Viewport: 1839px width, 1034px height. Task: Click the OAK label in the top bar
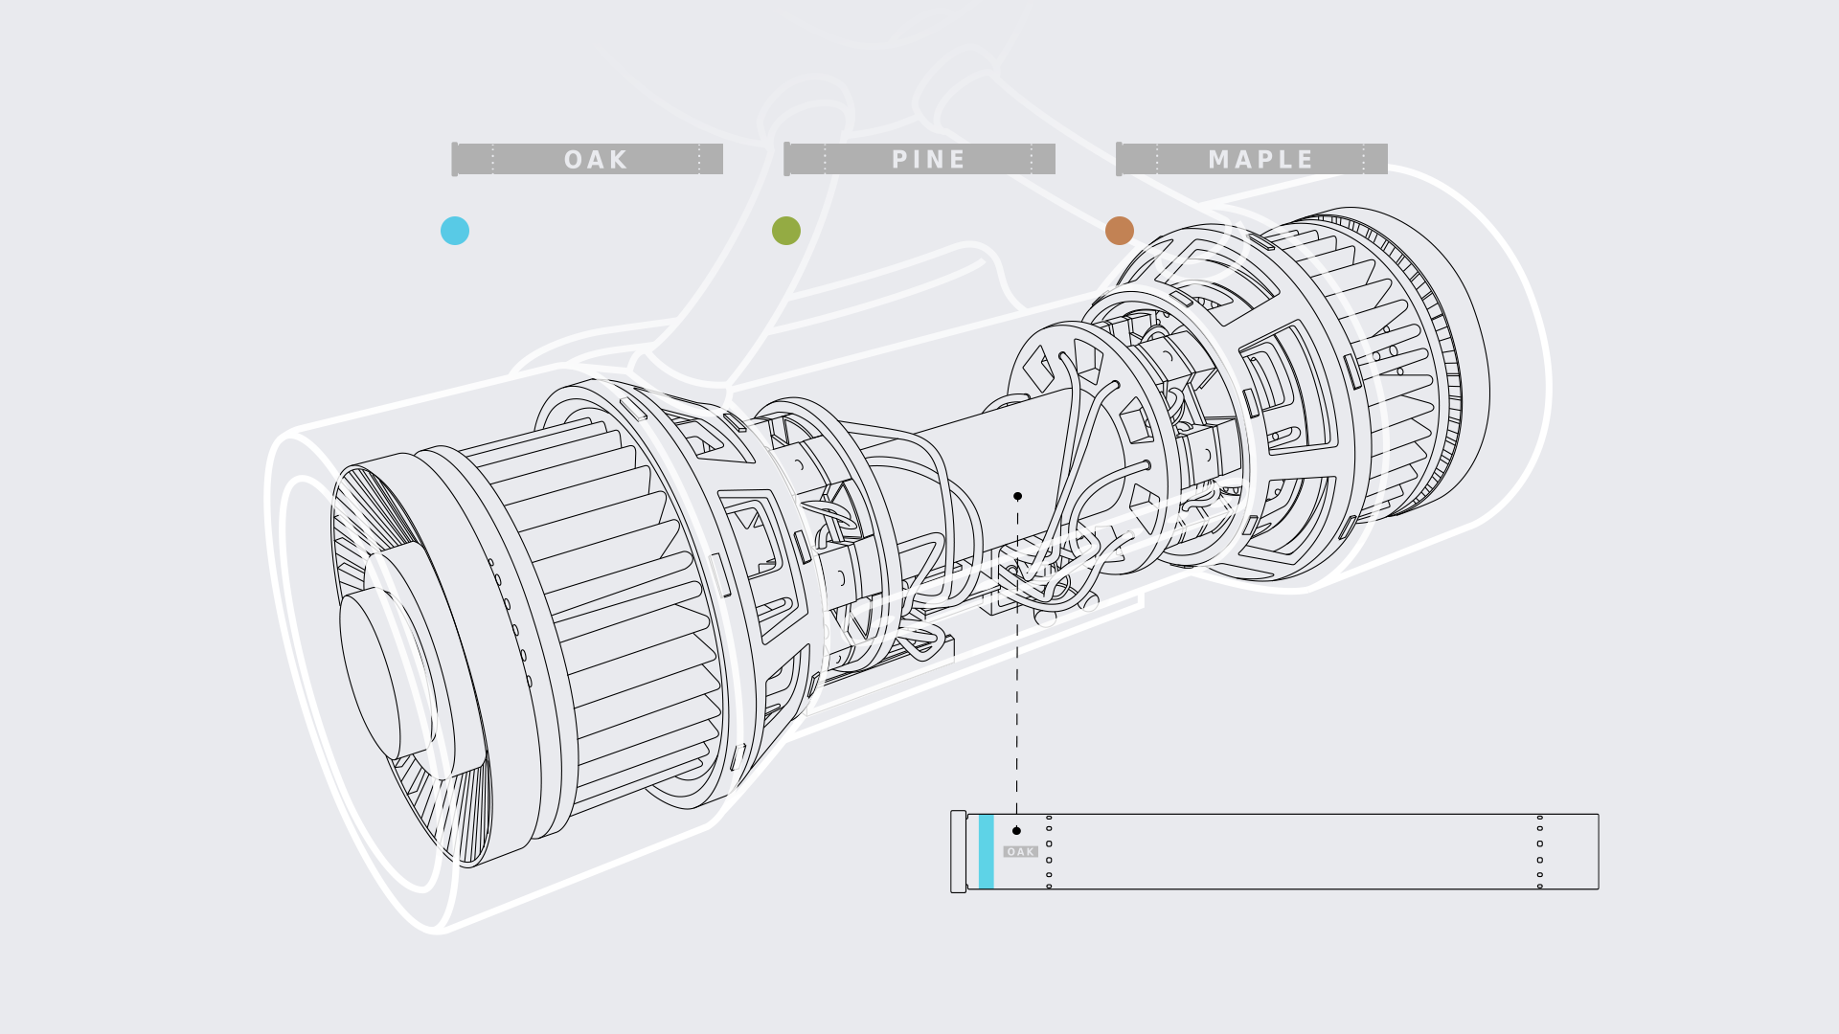coord(595,159)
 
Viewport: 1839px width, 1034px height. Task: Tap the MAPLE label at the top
coord(1260,159)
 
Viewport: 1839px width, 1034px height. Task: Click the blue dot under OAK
coord(455,231)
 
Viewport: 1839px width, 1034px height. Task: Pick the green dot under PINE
coord(786,231)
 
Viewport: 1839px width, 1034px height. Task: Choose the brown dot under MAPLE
coord(1120,231)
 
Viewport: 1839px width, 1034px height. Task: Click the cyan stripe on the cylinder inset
coord(986,851)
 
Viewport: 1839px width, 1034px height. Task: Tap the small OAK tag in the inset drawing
coord(1020,851)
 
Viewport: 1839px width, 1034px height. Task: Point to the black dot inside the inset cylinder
coord(1016,830)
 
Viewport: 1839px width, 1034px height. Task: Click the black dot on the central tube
coord(1017,496)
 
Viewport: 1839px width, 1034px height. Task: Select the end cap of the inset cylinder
coord(958,851)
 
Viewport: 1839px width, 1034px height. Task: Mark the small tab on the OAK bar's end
coord(455,159)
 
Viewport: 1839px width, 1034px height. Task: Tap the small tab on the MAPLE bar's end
coord(1119,159)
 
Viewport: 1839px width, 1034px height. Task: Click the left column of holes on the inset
coord(1049,851)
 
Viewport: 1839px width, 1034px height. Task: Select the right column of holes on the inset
coord(1539,851)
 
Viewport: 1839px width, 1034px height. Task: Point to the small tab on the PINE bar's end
coord(787,159)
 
